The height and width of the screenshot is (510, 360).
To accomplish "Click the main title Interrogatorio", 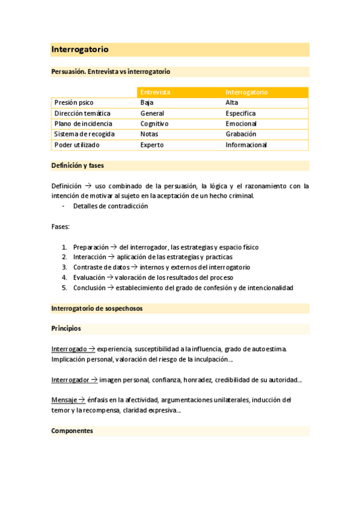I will (80, 49).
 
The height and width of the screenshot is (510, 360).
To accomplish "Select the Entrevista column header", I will (155, 92).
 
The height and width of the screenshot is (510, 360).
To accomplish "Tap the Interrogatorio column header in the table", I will (246, 92).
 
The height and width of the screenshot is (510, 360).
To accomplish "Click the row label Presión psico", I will (74, 103).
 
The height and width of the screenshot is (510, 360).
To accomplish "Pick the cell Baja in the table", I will (147, 103).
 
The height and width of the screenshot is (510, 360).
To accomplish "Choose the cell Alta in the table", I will (232, 103).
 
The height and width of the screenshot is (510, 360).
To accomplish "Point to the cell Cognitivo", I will (154, 124).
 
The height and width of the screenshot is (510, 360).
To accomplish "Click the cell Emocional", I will (242, 124).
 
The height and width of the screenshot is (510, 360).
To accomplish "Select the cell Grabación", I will (241, 134).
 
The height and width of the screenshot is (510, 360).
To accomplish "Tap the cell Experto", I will (152, 145).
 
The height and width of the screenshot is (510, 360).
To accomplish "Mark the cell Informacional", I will (246, 145).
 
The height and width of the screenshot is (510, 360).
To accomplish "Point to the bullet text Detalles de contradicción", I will (111, 206).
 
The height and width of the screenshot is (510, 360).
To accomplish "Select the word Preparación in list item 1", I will (91, 247).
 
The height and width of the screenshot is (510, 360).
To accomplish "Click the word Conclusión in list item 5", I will (90, 288).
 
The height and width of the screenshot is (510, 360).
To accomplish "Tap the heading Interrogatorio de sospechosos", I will (97, 309).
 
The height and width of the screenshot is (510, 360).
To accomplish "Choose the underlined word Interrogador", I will (70, 379).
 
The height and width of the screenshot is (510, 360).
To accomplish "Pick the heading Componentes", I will (72, 431).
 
